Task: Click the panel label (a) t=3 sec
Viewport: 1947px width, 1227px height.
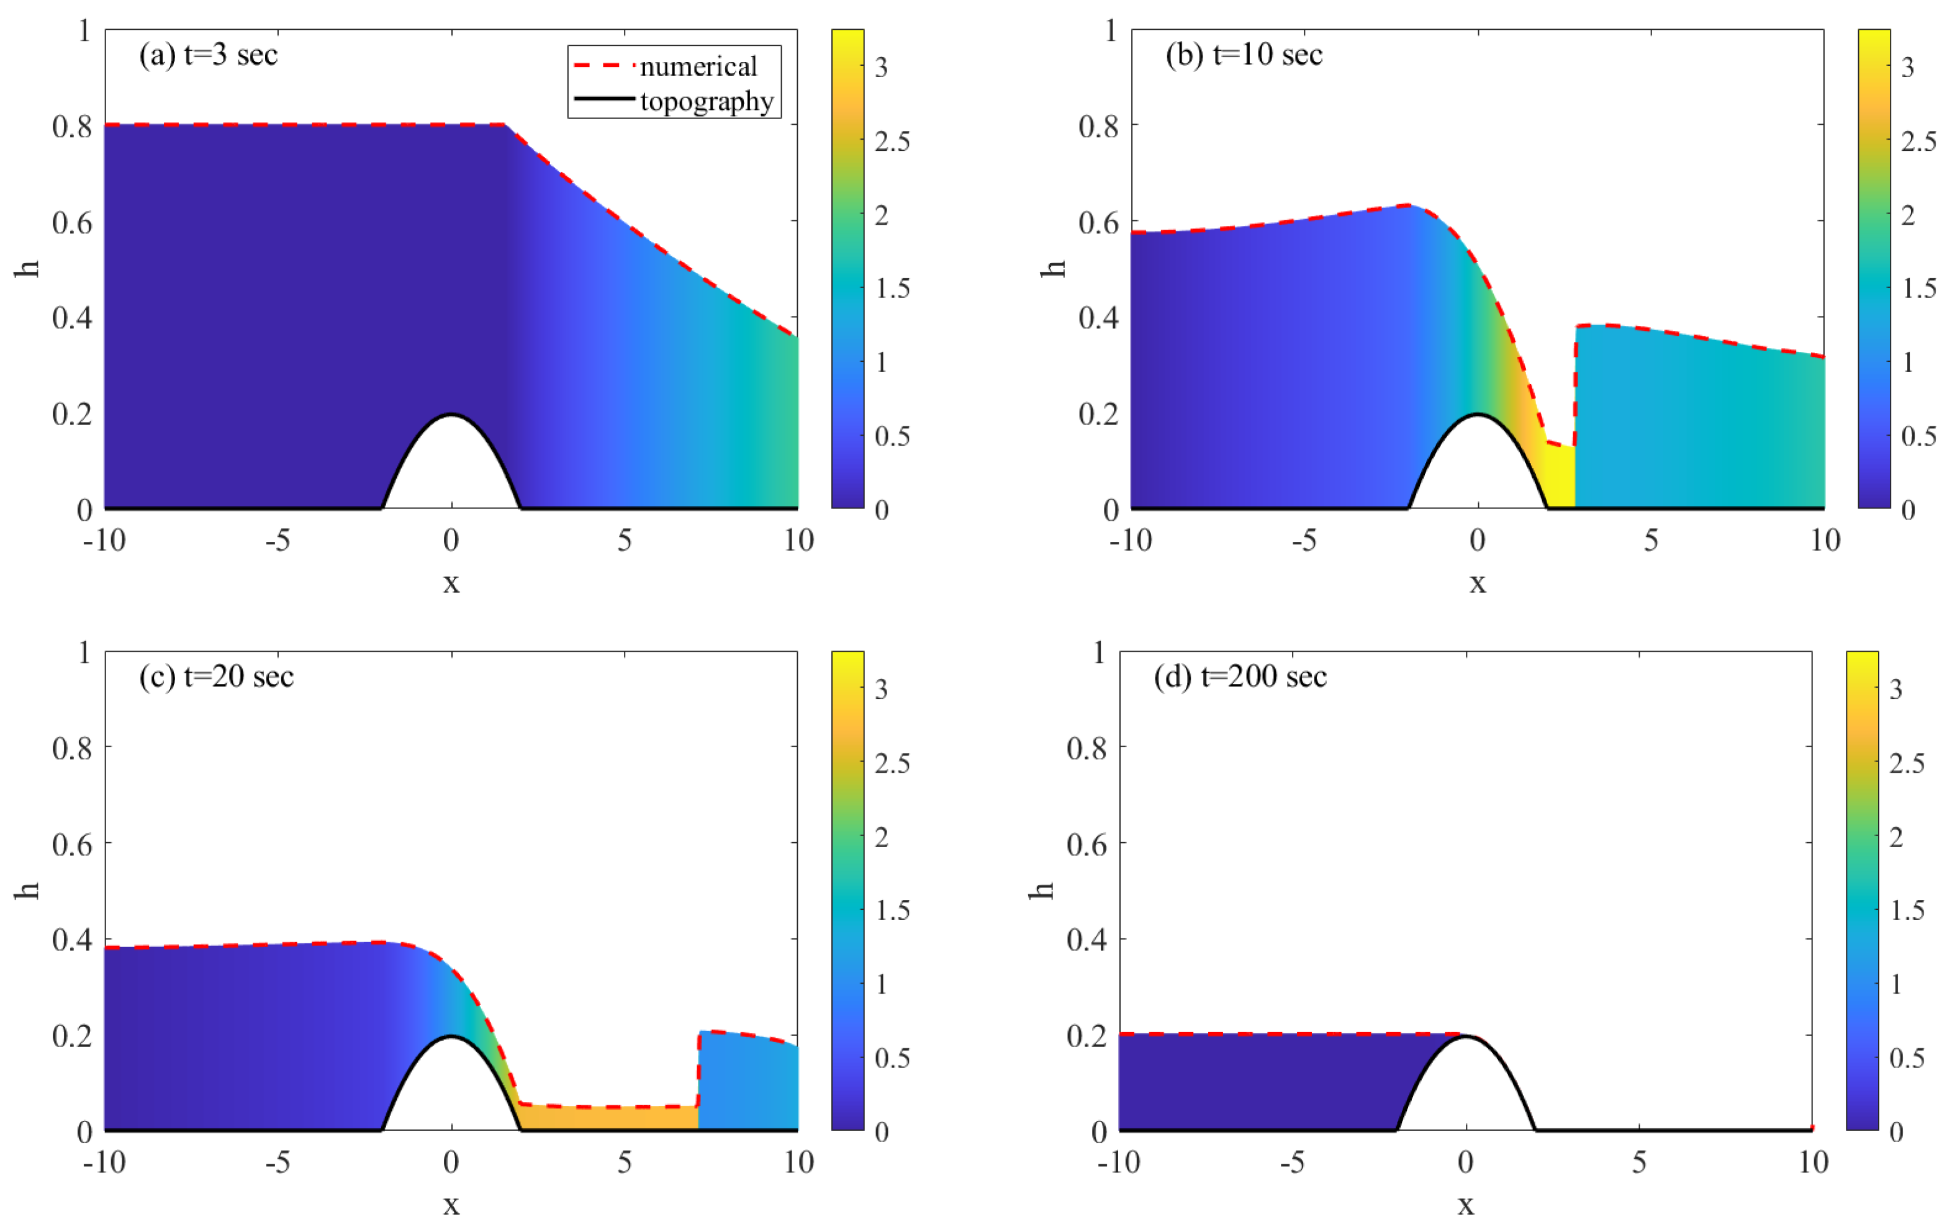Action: tap(208, 55)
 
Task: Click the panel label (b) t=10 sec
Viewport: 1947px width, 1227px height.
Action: tap(1244, 55)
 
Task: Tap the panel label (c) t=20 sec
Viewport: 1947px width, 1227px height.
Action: tap(216, 676)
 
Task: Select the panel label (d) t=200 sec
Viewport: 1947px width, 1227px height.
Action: tap(1239, 676)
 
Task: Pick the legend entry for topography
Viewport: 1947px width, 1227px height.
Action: tap(706, 101)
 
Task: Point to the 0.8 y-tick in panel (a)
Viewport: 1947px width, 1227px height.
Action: tap(72, 126)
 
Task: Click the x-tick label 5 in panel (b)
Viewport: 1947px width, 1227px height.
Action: tap(1650, 540)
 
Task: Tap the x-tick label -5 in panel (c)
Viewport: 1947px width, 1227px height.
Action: tap(278, 1162)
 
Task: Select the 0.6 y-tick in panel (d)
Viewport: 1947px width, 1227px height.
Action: tap(1086, 845)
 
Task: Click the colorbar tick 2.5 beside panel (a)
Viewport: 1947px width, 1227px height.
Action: tap(892, 142)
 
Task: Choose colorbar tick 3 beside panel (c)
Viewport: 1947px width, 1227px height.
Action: tap(882, 690)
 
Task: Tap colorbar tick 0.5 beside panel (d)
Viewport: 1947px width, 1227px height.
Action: tap(1907, 1058)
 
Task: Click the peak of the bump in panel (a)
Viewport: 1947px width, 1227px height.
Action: tap(451, 415)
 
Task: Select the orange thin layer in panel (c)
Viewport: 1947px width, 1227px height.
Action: tap(607, 1118)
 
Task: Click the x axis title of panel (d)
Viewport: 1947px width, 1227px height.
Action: tap(1465, 1205)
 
